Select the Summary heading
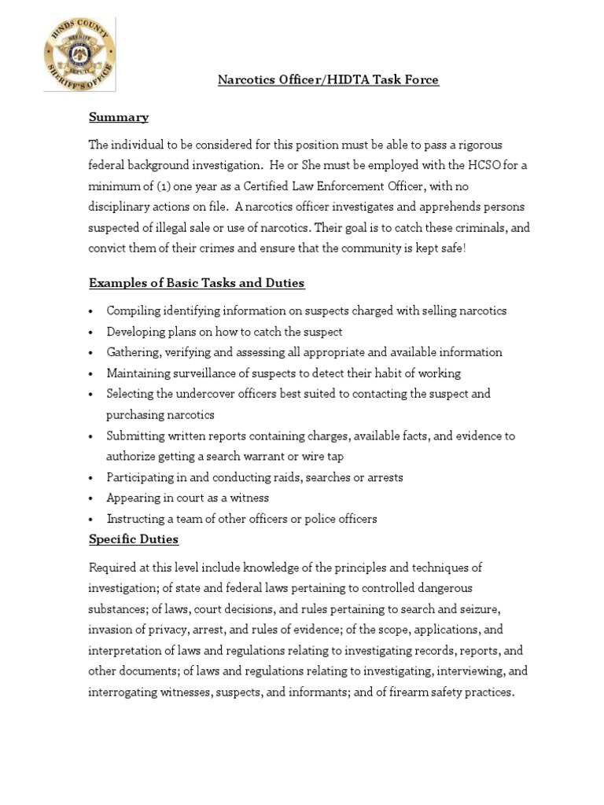(x=119, y=117)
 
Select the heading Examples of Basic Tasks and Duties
(x=197, y=283)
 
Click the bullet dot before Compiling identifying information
(x=92, y=311)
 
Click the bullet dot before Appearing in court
(x=92, y=498)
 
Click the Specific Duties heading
(x=134, y=539)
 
